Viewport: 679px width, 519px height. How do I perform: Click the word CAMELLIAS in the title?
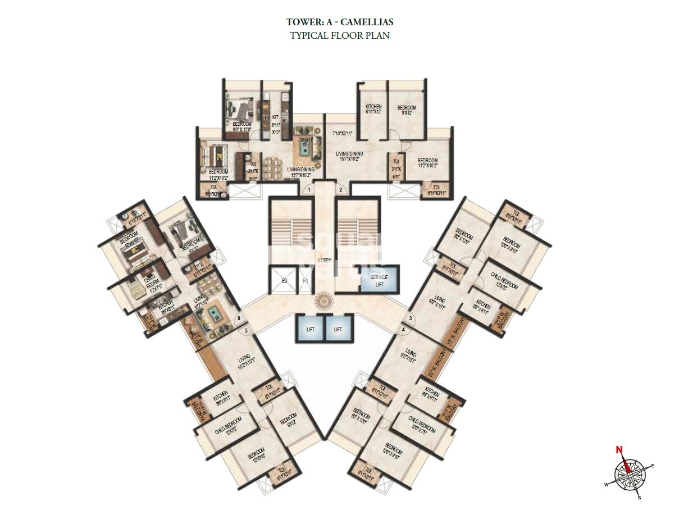[370, 22]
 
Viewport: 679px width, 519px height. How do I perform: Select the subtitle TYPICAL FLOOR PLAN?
[339, 35]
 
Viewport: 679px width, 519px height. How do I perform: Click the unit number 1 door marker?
[308, 190]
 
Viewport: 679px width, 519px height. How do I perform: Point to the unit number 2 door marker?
[340, 190]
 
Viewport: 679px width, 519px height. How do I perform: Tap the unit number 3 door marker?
[411, 319]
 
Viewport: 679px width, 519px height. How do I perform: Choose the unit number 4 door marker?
[403, 329]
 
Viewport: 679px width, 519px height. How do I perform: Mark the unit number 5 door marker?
[246, 330]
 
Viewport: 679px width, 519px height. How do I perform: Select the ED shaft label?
[284, 280]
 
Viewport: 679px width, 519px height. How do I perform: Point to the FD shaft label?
[306, 280]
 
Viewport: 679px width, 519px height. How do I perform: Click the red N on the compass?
[619, 449]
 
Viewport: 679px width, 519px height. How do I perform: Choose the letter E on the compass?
[653, 465]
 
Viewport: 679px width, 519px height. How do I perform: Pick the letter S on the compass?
[639, 497]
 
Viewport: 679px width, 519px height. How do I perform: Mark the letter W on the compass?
[606, 484]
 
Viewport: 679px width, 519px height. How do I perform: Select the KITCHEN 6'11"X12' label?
[373, 109]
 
